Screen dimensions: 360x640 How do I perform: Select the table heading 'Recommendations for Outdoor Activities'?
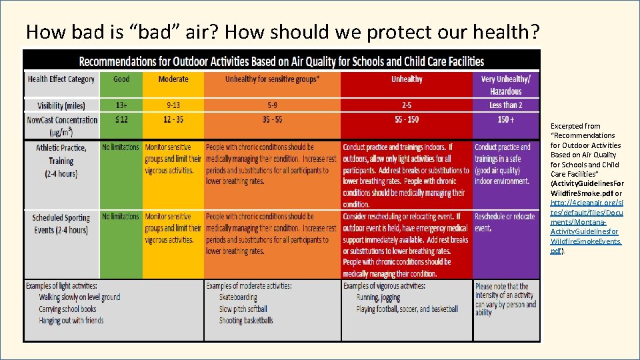[281, 61]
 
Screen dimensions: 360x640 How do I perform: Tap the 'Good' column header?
[121, 79]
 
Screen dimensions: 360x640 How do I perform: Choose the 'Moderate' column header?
[173, 79]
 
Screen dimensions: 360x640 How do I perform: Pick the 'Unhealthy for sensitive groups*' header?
[272, 79]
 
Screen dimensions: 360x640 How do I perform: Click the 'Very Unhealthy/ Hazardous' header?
[506, 85]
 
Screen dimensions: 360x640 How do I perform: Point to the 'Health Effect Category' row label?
[61, 79]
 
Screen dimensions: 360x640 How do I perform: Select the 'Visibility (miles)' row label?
[61, 105]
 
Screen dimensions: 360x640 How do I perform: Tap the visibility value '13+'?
[121, 105]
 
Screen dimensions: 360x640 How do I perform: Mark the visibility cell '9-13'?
[173, 105]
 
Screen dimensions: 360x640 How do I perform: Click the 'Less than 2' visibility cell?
[506, 105]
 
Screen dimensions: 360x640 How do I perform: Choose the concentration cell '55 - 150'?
[407, 120]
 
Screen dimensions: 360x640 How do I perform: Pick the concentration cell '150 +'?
[506, 120]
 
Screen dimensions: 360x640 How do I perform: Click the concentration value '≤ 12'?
[121, 120]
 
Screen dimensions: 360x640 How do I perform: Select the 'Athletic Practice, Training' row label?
[61, 161]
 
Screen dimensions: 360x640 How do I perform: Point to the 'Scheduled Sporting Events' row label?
[61, 223]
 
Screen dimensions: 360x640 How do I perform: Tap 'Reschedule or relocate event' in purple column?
[505, 222]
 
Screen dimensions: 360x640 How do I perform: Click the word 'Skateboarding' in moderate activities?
[238, 297]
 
